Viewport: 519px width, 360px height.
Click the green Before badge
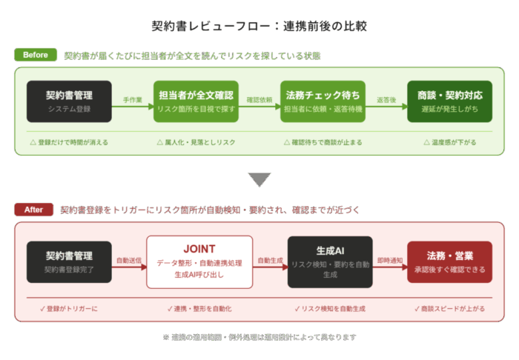coord(35,54)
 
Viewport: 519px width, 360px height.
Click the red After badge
coord(34,209)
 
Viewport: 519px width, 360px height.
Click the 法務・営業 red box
coord(450,261)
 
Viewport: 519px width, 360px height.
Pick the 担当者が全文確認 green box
coord(196,101)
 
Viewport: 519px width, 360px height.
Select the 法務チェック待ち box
coord(323,101)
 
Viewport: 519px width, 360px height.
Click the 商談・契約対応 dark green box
coord(450,101)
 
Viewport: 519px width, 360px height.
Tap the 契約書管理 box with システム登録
coord(69,101)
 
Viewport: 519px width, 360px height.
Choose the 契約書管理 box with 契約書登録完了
coord(69,261)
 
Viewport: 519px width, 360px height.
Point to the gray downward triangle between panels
coord(259,179)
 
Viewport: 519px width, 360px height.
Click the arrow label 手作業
coord(133,98)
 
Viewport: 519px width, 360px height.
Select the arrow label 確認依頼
coord(258,98)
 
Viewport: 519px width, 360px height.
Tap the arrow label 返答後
coord(386,98)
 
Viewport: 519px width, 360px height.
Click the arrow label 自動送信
coord(128,260)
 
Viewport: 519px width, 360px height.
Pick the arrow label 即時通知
coord(390,260)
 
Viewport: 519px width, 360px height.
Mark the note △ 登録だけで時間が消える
coord(69,141)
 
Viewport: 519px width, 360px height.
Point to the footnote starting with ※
coord(259,337)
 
